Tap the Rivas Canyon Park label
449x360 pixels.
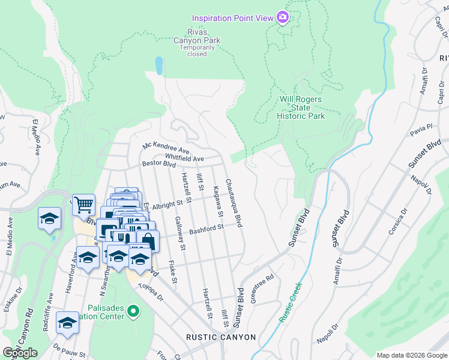(197, 36)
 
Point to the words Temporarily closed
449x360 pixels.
(197, 50)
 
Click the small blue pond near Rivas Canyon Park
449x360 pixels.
(159, 65)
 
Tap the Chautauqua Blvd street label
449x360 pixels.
(234, 203)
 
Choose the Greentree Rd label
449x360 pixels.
(262, 289)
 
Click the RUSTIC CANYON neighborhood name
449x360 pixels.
(220, 337)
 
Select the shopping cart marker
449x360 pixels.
(83, 205)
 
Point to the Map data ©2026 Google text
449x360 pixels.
(411, 355)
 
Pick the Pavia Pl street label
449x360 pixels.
(421, 128)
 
